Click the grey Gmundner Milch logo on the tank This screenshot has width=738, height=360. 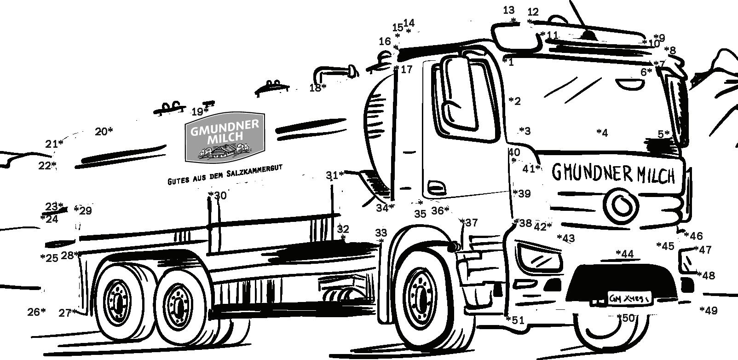(x=225, y=137)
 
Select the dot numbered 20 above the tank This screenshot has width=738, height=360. (x=110, y=131)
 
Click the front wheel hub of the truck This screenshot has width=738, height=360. (x=421, y=298)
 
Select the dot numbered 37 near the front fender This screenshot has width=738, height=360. (x=462, y=222)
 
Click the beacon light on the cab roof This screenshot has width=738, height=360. (x=588, y=35)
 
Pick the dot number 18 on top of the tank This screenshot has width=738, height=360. (x=324, y=86)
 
